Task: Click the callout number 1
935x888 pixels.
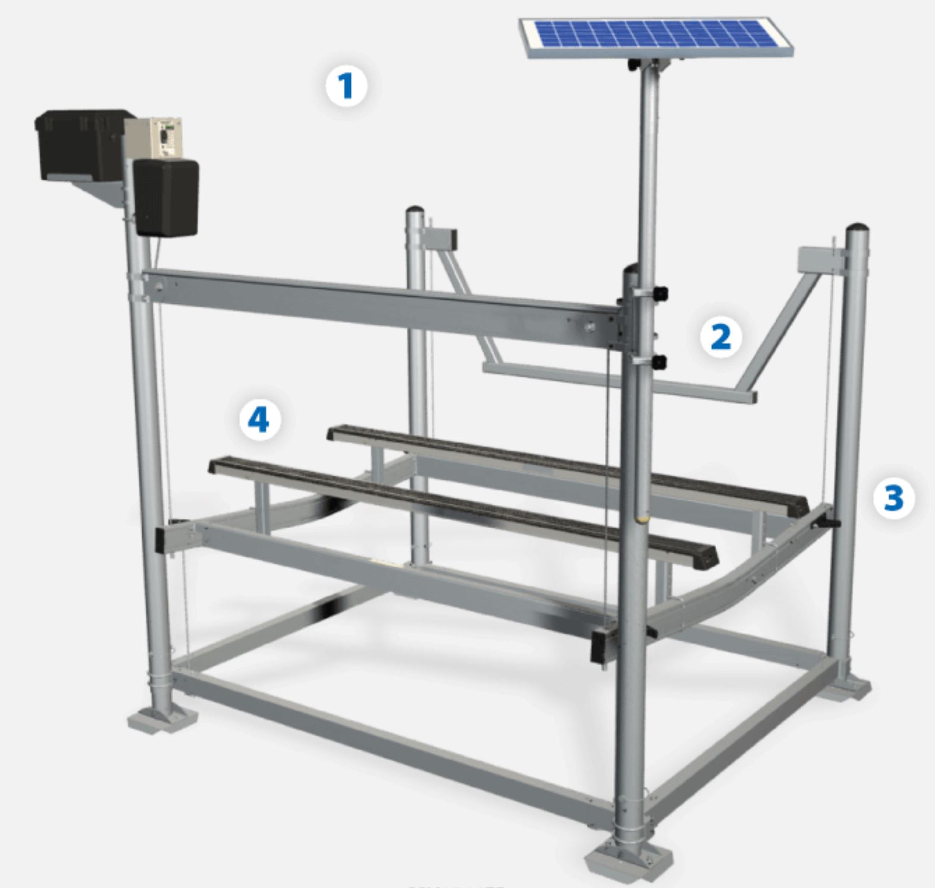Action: (346, 86)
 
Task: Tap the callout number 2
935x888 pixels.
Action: (720, 337)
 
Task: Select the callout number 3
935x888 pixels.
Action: (893, 498)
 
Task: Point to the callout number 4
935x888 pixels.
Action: (259, 420)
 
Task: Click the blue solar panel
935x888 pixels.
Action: (656, 37)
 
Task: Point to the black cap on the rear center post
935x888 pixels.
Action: (415, 211)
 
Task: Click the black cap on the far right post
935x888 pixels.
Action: (857, 228)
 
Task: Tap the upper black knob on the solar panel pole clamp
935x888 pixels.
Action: (660, 293)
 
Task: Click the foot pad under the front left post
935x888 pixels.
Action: (162, 720)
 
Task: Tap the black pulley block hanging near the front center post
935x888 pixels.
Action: (602, 647)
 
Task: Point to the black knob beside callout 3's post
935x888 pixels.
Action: (828, 523)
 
